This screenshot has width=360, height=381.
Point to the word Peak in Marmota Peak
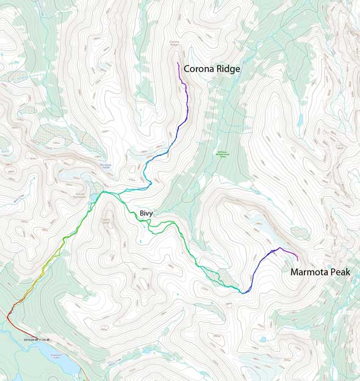[340, 272]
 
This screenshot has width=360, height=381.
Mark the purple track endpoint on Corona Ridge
[178, 63]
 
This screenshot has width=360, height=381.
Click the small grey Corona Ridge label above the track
[175, 43]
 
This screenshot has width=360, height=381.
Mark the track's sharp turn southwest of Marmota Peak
[243, 292]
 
